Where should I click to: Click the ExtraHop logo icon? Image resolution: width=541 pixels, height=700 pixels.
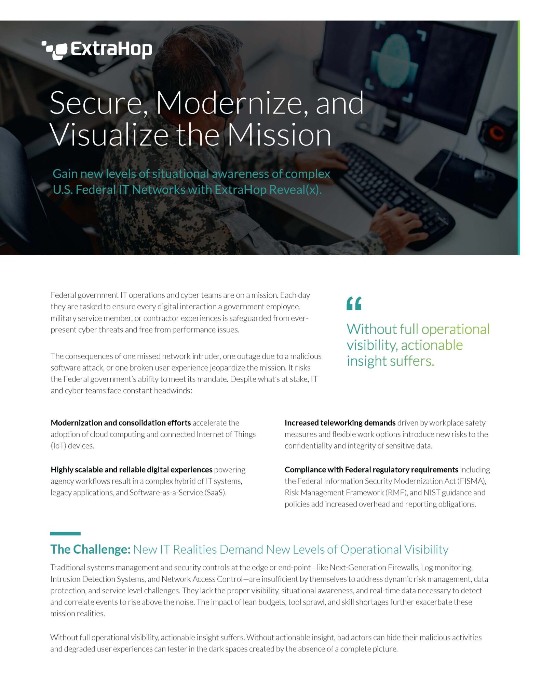[x=55, y=50]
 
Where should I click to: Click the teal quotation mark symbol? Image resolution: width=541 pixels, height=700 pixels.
[x=354, y=303]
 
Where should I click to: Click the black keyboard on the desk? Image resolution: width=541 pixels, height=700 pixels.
[x=393, y=191]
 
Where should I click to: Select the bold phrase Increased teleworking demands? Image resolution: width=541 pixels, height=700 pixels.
[x=340, y=423]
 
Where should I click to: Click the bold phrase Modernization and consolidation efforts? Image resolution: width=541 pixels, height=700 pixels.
[x=121, y=423]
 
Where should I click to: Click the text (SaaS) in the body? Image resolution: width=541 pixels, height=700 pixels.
[x=215, y=493]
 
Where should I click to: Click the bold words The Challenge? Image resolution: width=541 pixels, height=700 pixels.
[x=91, y=549]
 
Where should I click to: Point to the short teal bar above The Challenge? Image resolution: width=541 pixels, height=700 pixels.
[x=65, y=534]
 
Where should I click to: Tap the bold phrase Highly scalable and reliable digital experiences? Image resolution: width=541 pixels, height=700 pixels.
[x=132, y=470]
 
